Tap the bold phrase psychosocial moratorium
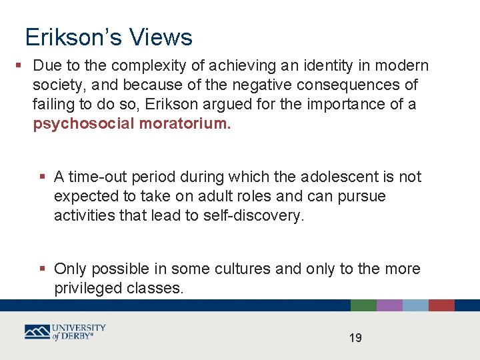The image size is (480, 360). [x=132, y=124]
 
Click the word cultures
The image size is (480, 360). [x=243, y=269]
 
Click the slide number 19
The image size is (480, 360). [x=355, y=338]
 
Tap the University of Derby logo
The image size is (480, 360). [x=65, y=332]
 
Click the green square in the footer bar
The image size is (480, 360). [x=363, y=305]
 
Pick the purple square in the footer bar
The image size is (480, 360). [x=389, y=305]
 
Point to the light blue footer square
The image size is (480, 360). [x=415, y=305]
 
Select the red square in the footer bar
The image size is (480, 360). [x=441, y=305]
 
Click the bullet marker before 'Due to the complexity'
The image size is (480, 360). [x=19, y=65]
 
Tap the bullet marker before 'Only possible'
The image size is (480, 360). [x=43, y=269]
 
